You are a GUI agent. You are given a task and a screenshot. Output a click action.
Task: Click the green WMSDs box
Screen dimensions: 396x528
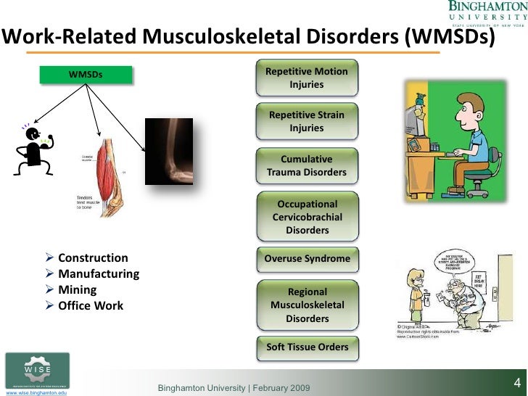tap(86, 74)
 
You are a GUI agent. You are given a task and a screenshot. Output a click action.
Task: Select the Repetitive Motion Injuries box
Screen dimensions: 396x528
tap(307, 78)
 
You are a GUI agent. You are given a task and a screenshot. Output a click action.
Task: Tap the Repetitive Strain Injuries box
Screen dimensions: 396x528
tap(307, 122)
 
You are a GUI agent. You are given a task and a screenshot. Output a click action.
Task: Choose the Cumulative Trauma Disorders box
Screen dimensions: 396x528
tap(307, 166)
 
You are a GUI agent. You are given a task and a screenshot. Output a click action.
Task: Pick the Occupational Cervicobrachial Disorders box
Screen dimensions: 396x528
tap(307, 217)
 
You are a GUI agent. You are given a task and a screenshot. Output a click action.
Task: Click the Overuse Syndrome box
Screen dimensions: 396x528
tap(307, 259)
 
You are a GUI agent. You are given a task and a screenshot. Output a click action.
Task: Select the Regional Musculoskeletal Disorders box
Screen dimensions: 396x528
tap(307, 305)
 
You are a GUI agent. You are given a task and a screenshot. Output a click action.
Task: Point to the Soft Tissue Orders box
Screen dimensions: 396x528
tap(307, 347)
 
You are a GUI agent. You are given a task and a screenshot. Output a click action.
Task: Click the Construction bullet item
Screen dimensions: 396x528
tap(93, 258)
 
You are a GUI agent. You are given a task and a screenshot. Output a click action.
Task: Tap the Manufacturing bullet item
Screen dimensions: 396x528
tap(99, 274)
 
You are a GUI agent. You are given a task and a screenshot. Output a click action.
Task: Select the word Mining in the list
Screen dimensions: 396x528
tap(77, 289)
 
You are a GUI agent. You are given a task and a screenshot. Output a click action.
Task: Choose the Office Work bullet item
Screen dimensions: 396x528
tap(91, 305)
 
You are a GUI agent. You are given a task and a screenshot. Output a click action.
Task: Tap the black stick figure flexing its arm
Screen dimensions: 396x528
tap(31, 150)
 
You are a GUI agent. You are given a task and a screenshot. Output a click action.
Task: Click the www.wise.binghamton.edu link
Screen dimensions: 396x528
tap(36, 392)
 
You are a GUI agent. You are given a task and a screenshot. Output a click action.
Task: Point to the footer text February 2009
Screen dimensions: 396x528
tap(279, 389)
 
